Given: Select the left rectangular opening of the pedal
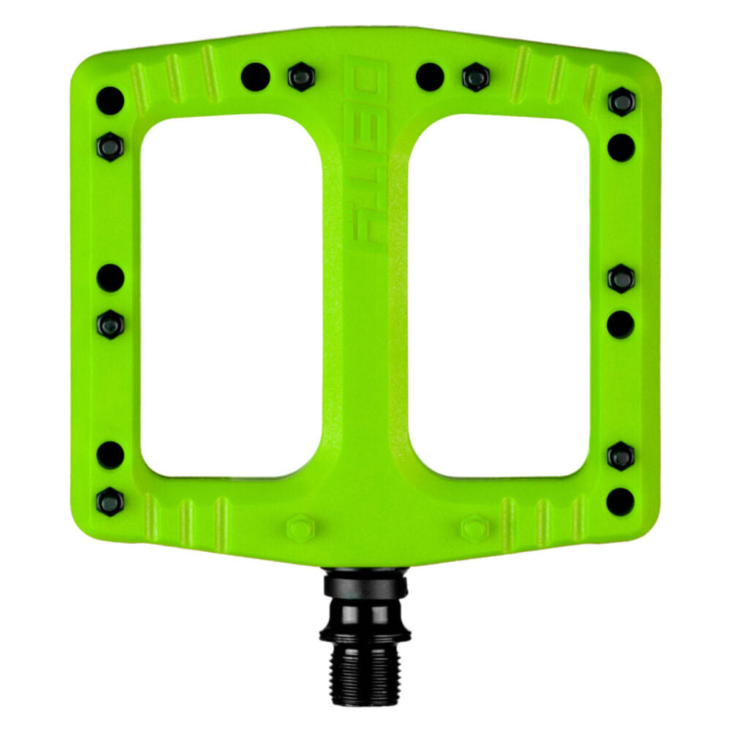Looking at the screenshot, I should coord(231,295).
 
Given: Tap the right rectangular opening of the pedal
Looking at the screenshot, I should coord(499,295).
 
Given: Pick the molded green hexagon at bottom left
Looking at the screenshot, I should coord(300,528).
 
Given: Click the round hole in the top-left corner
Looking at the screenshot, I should coord(110,101).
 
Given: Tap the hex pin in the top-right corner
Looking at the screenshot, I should coord(621,102).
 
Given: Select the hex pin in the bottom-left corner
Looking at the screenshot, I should coord(110,501).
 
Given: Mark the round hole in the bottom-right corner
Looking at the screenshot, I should coord(620,501).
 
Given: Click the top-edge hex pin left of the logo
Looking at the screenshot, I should coord(301,77).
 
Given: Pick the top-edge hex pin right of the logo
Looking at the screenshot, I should coord(475,77).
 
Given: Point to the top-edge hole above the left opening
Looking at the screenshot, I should coord(255,76).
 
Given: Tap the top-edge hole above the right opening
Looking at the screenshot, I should coord(430,76).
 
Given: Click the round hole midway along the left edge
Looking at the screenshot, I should coord(110,278).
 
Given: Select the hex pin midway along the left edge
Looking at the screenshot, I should coord(110,324).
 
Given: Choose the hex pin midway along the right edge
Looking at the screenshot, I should coord(621,279).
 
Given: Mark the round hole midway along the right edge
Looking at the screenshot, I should coord(621,324).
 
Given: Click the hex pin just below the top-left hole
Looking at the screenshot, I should coord(110,146).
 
